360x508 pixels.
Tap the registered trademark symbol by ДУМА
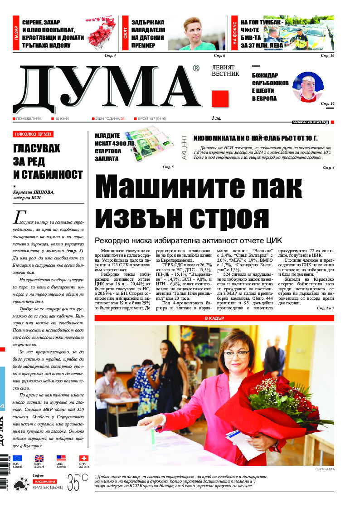pyautogui.click(x=196, y=68)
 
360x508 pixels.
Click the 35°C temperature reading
pyautogui.click(x=78, y=482)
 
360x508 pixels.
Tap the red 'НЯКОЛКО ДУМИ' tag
pyautogui.click(x=33, y=134)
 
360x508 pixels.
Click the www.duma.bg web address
pyautogui.click(x=311, y=122)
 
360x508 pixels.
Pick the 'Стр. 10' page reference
pyautogui.click(x=327, y=56)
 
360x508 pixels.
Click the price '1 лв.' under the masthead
pyautogui.click(x=215, y=118)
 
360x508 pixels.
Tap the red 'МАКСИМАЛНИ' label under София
pyautogui.click(x=44, y=481)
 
